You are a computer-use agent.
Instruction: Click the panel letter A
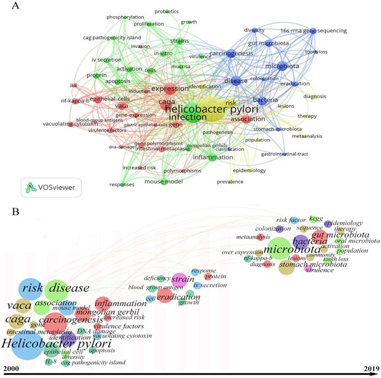point(15,6)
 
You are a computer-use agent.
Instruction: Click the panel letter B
point(16,212)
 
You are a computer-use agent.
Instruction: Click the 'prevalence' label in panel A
point(231,182)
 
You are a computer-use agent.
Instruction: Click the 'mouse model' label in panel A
point(164,182)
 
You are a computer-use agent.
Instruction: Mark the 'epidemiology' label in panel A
point(249,170)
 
